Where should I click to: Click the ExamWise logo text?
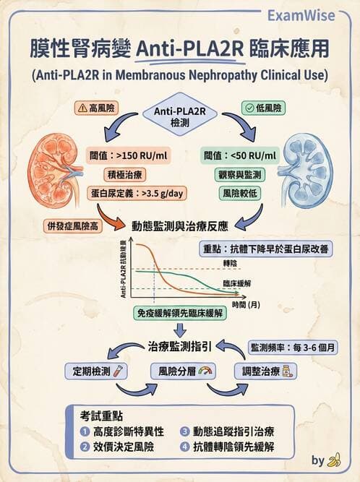click(317, 14)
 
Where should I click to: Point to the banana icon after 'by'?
click(334, 460)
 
